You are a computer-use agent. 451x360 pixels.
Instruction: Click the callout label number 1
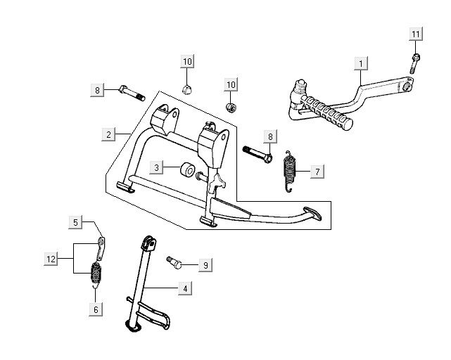[x=360, y=64]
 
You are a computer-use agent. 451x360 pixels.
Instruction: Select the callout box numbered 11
[x=416, y=34]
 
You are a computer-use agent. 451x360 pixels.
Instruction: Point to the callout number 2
[x=108, y=134]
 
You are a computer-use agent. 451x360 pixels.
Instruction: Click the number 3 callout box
[x=158, y=167]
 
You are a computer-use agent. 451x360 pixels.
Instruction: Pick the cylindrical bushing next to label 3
[x=189, y=170]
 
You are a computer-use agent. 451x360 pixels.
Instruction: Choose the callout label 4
[x=185, y=288]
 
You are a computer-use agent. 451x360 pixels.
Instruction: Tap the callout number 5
[x=76, y=223]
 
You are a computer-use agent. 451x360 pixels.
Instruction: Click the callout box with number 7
[x=317, y=172]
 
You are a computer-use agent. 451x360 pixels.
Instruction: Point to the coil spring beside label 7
[x=288, y=171]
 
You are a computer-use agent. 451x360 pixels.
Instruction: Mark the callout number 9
[x=205, y=265]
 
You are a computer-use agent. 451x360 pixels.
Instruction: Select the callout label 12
[x=51, y=259]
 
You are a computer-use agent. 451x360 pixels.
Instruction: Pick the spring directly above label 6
[x=96, y=271]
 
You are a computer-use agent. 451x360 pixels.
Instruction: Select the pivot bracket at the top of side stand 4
[x=148, y=245]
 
